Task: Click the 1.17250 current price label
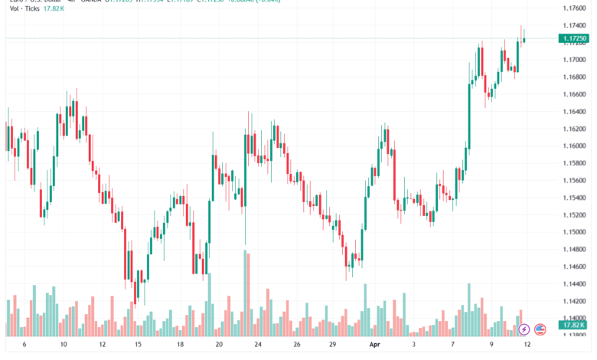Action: (573, 38)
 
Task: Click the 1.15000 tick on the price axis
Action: (573, 232)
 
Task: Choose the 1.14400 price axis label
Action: (573, 283)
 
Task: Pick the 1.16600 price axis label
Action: (573, 94)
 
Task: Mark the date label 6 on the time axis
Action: (25, 345)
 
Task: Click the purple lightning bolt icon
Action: (524, 330)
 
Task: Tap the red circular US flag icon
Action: (540, 330)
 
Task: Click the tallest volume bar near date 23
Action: (246, 293)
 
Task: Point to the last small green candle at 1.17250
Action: (524, 40)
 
